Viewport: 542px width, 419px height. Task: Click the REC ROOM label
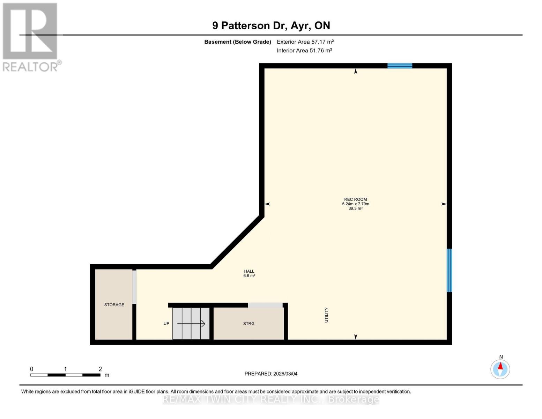coord(355,199)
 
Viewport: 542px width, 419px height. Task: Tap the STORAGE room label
coord(114,305)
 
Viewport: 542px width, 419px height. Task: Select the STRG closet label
coord(249,324)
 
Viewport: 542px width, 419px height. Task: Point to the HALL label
coord(249,271)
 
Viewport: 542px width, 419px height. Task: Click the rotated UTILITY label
coord(327,315)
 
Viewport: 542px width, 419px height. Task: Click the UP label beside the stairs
coord(166,324)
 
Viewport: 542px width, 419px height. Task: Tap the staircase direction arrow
coord(191,324)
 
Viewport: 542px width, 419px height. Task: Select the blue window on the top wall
coord(400,66)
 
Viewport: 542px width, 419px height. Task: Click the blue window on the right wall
coord(450,270)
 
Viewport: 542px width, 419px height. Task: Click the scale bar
coord(65,375)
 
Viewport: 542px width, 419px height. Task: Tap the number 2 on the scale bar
coord(100,369)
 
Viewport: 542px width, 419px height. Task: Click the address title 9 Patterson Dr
coord(271,25)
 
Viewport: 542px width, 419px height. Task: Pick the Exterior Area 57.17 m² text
coord(305,42)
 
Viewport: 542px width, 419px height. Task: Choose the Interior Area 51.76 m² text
coord(304,51)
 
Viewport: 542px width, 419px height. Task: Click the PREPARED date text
coord(271,374)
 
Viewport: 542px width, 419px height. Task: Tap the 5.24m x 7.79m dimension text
coord(355,204)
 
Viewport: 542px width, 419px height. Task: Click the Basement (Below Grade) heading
coord(238,42)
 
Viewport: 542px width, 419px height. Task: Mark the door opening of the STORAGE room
coord(134,287)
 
